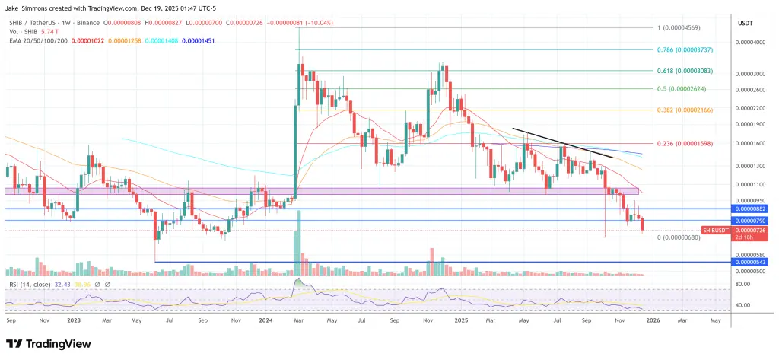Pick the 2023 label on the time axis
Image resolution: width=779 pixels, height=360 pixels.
pyautogui.click(x=74, y=321)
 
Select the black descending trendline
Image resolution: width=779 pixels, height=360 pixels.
pyautogui.click(x=563, y=142)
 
